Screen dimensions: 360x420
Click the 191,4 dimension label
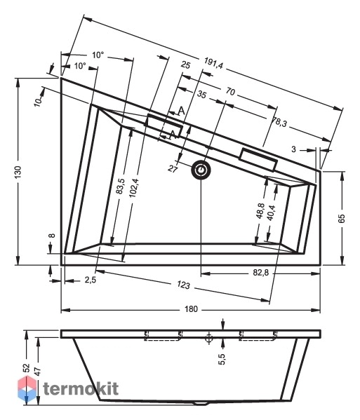click(x=213, y=63)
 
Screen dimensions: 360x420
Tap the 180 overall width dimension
click(x=191, y=309)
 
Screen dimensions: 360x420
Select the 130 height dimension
click(x=18, y=172)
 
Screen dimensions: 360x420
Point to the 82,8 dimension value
click(x=261, y=273)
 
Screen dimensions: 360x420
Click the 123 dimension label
click(x=183, y=285)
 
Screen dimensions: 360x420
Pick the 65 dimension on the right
click(x=342, y=219)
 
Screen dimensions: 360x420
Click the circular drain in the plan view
click(x=201, y=170)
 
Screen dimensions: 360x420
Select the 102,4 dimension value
click(x=133, y=188)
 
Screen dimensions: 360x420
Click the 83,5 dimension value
click(x=121, y=186)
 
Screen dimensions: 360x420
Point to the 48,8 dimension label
click(x=260, y=211)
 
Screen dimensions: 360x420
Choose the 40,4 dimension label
click(x=272, y=212)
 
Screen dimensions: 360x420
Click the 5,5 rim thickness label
click(x=222, y=359)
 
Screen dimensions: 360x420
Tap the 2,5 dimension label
click(x=91, y=280)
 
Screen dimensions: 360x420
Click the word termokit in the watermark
click(x=81, y=388)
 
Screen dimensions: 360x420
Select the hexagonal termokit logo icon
click(x=27, y=388)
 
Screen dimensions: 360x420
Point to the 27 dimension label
click(x=173, y=168)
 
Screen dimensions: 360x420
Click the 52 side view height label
click(x=26, y=368)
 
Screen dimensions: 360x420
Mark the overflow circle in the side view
click(x=209, y=337)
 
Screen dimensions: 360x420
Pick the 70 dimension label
click(x=230, y=92)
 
